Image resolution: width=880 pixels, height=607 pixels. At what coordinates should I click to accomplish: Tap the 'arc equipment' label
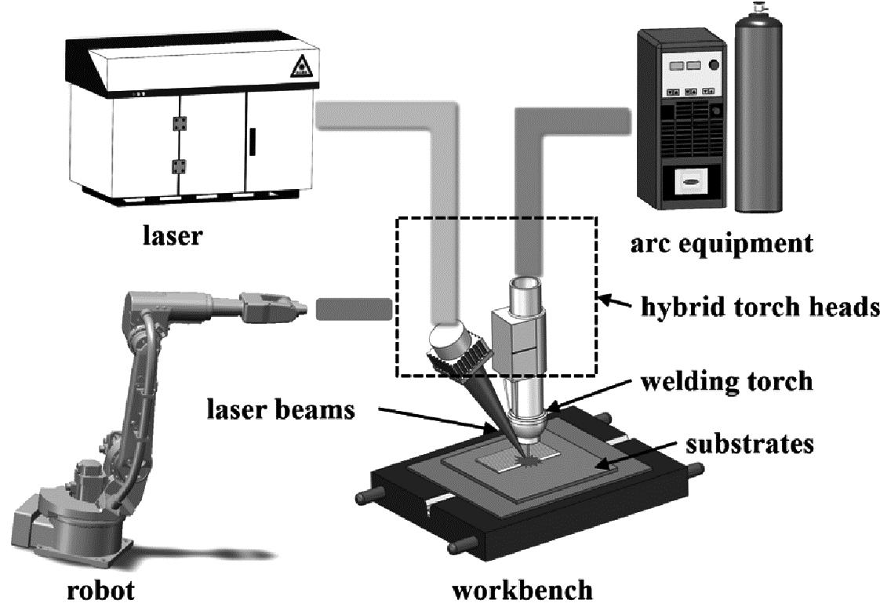coord(721,243)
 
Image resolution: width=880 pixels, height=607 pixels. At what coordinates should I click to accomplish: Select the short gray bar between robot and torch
coord(353,309)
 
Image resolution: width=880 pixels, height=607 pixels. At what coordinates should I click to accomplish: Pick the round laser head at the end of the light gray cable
coord(448,343)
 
